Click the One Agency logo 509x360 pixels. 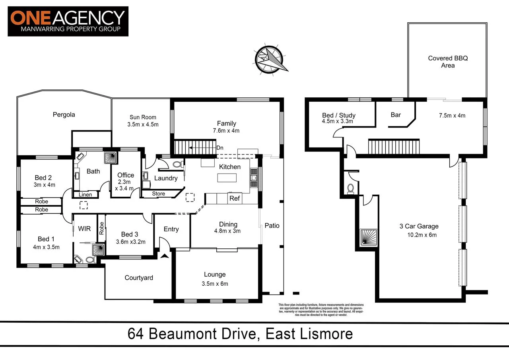click(x=68, y=21)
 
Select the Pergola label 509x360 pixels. click(x=64, y=114)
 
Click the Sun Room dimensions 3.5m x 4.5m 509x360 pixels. click(x=143, y=124)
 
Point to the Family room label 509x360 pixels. click(x=226, y=123)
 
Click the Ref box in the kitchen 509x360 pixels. click(x=235, y=198)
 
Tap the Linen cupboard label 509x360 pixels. click(x=85, y=195)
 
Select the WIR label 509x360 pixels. click(x=85, y=229)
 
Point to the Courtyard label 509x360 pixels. click(x=139, y=278)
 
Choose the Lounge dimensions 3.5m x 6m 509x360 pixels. click(x=215, y=283)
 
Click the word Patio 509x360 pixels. click(x=272, y=225)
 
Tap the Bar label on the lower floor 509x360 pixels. click(x=396, y=115)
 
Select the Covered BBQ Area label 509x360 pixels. click(x=448, y=62)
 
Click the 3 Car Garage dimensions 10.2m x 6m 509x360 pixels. click(x=419, y=234)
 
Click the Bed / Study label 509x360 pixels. click(x=338, y=115)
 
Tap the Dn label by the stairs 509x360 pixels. click(x=220, y=147)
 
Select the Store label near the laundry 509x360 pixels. click(x=158, y=194)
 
